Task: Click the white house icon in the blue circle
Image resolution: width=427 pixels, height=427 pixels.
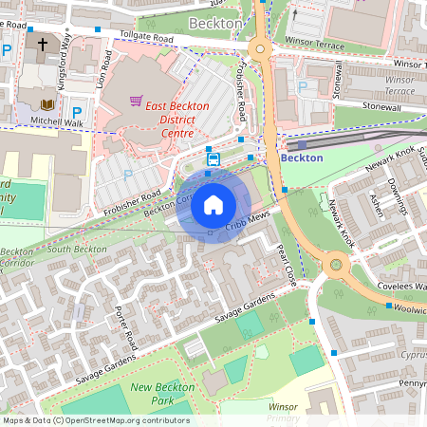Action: point(213,204)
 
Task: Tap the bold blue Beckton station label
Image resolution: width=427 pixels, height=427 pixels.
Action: point(302,158)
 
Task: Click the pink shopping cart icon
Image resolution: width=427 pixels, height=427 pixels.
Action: point(137,100)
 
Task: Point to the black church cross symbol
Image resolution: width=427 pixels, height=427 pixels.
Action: point(42,44)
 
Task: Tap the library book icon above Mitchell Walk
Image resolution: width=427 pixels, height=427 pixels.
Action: point(48,103)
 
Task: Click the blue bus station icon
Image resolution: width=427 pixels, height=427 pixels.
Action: point(213,159)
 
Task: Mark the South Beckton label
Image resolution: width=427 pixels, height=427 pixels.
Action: point(77,249)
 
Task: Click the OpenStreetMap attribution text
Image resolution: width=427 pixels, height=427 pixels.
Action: point(96,420)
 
